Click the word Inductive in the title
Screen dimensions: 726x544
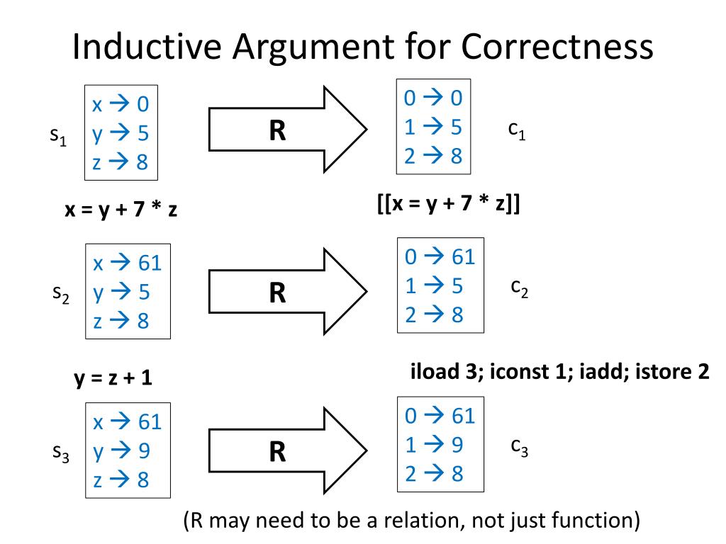coord(141,48)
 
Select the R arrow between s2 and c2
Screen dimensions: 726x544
coord(287,291)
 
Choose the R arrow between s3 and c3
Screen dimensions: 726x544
coord(287,451)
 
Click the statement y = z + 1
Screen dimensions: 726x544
coord(113,378)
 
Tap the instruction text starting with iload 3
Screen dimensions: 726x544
coord(560,373)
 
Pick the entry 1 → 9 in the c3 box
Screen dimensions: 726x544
coord(433,445)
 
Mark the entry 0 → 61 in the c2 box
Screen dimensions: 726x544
coord(440,256)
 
